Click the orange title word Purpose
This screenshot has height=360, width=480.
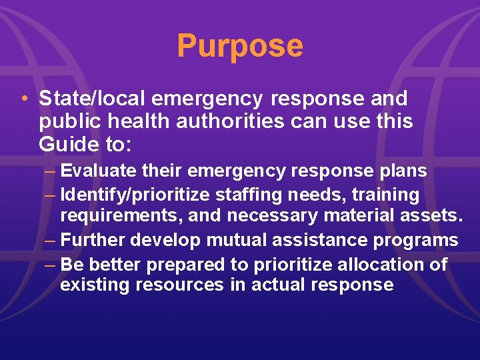coord(240,46)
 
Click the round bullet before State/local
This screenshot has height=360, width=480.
coord(24,99)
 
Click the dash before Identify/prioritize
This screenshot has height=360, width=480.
coord(52,195)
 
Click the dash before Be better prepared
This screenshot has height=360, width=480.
coord(52,264)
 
